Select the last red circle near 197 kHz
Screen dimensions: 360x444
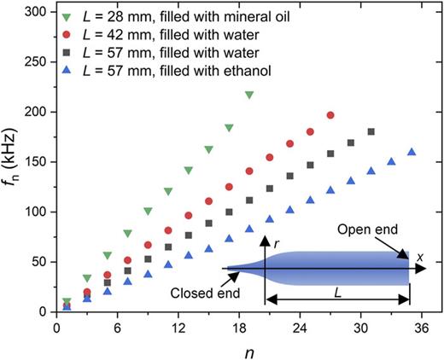(x=330, y=115)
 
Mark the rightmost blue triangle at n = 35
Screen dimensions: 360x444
(x=412, y=152)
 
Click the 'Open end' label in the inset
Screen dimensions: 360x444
(x=365, y=229)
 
